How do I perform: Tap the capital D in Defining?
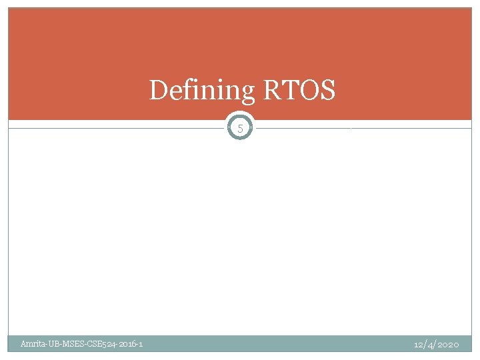[159, 90]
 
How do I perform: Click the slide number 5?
[240, 128]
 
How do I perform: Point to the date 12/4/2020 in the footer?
[436, 344]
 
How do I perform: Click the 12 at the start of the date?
[418, 344]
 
